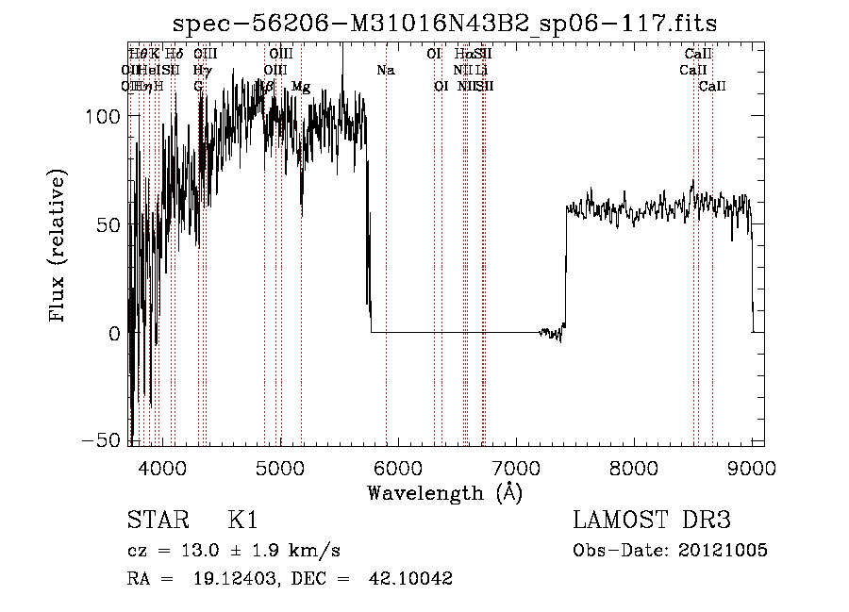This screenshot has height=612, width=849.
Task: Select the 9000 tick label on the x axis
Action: coord(752,466)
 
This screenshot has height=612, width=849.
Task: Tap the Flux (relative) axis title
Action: coord(58,247)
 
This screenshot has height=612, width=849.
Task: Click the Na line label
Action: coord(385,71)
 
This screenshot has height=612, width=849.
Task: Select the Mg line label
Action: coord(301,87)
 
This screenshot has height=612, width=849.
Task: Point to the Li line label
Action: coord(481,71)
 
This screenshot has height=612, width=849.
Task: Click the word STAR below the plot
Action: coord(156,521)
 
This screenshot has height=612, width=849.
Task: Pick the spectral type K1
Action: coord(241,521)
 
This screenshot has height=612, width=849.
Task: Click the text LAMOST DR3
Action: coord(652,521)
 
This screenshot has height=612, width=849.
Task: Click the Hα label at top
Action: coord(463,55)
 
